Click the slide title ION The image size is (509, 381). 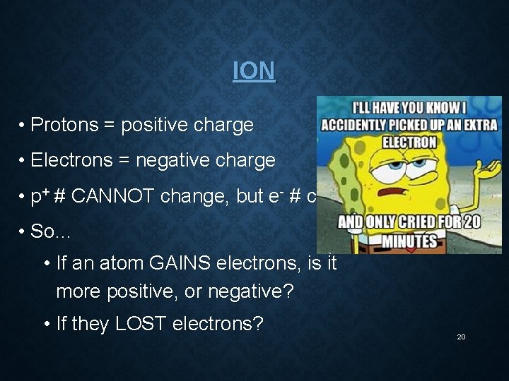254,71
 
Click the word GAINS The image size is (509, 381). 175,264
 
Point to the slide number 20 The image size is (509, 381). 461,337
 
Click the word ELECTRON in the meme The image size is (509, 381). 409,142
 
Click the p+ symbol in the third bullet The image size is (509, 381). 39,197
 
